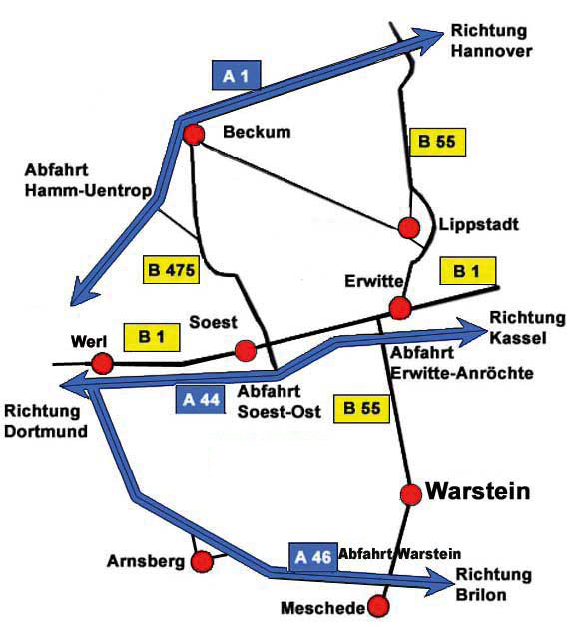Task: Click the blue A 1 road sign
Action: click(x=236, y=75)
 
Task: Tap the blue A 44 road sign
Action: click(x=200, y=399)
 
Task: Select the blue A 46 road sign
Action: click(x=312, y=557)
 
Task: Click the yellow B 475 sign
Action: click(x=171, y=270)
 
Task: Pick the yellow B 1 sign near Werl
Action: click(x=152, y=337)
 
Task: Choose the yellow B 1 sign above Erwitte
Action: click(x=468, y=271)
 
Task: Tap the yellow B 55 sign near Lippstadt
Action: click(x=437, y=142)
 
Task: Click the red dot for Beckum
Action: click(x=193, y=135)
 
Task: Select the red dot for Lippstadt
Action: click(x=409, y=228)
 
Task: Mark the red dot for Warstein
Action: click(x=411, y=494)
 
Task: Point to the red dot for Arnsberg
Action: click(x=202, y=562)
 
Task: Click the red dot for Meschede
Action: click(x=378, y=606)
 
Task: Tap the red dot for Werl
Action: click(x=102, y=364)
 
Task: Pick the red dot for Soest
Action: click(x=246, y=351)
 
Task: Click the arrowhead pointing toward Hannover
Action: click(x=428, y=40)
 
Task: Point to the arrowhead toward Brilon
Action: click(x=439, y=582)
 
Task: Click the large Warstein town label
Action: click(x=478, y=491)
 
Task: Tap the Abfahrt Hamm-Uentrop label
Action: click(x=88, y=180)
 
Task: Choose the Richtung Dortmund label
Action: click(x=46, y=421)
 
